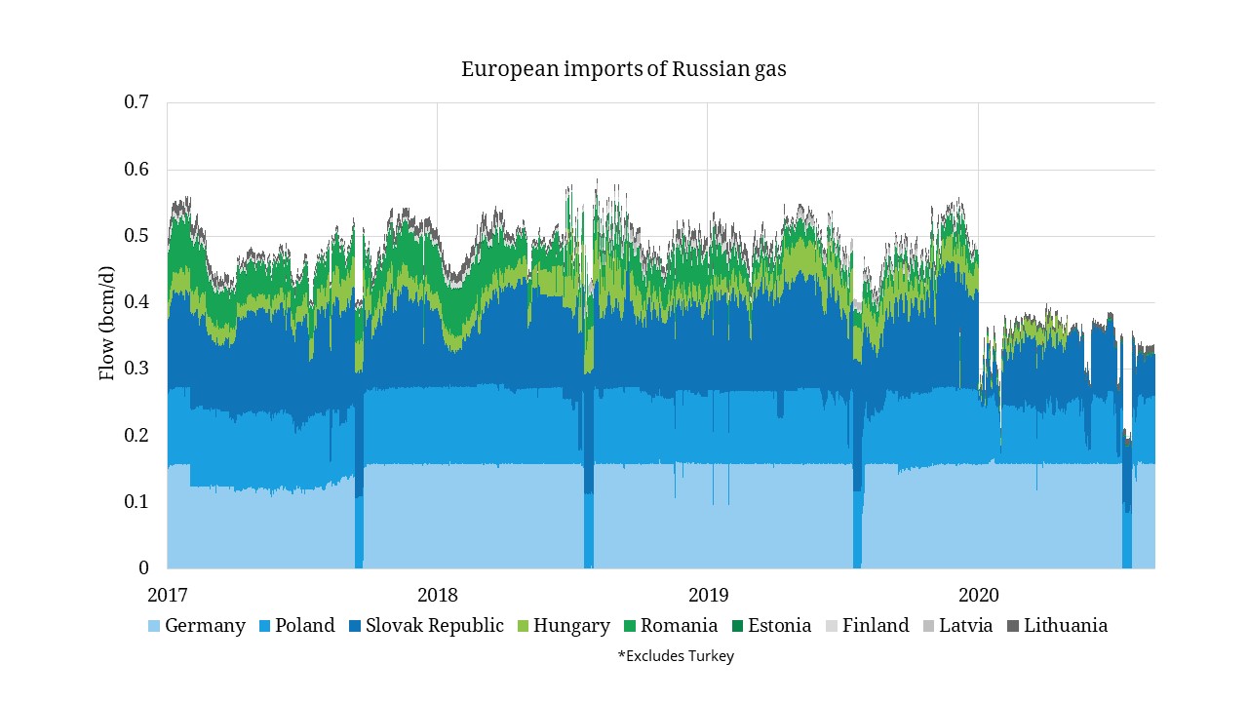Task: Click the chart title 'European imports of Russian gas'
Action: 623,70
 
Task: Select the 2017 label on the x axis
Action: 168,594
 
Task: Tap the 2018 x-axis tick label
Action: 437,594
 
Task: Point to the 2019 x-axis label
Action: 708,594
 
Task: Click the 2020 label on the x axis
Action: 978,594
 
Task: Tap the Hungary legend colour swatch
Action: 523,626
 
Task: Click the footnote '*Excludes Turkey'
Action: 676,656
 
